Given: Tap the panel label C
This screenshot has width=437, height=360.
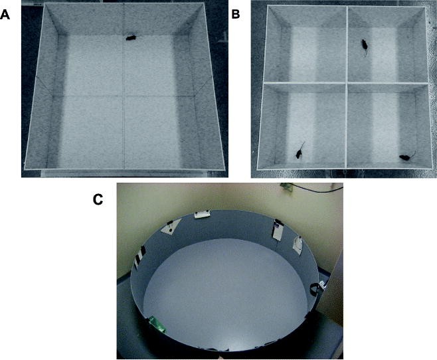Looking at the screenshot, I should click(98, 199).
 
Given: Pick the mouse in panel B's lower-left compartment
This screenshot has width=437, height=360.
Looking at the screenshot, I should click(300, 154).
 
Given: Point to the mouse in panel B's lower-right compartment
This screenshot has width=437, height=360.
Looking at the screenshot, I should click(403, 157).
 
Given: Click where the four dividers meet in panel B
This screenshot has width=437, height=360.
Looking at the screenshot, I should click(346, 83).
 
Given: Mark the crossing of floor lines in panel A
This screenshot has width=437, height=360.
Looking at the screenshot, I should click(124, 96).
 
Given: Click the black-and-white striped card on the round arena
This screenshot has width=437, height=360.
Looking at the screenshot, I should click(140, 256).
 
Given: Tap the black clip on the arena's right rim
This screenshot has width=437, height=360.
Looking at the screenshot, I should click(314, 289).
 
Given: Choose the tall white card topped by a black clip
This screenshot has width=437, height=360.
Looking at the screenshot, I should click(276, 232).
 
